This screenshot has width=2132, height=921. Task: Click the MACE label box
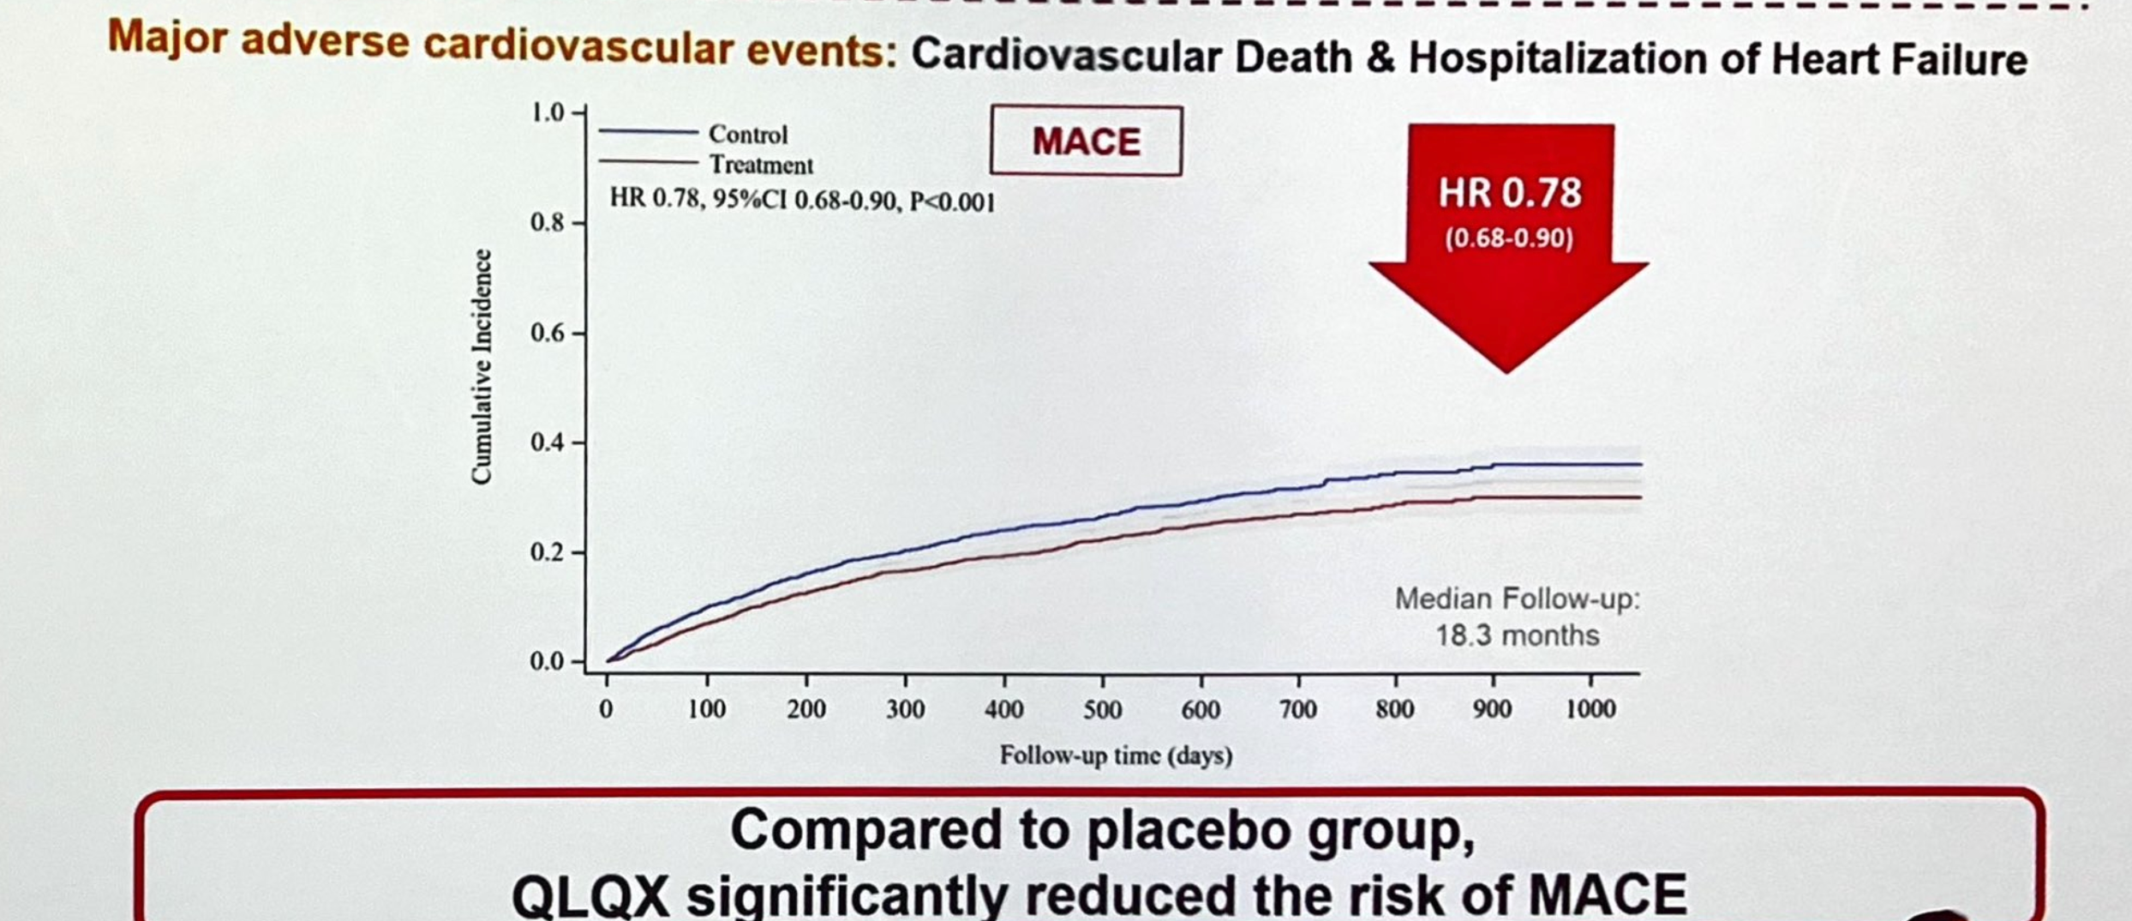click(x=1086, y=141)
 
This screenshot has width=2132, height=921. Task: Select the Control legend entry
click(x=747, y=135)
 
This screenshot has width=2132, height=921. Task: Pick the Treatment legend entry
click(x=760, y=165)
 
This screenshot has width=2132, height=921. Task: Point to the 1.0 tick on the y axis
click(x=548, y=112)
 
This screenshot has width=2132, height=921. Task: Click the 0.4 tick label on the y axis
click(x=548, y=442)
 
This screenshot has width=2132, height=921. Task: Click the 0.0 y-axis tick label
click(x=548, y=661)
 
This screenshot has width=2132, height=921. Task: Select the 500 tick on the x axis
click(x=1102, y=709)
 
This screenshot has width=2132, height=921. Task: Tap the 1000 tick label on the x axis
click(x=1590, y=709)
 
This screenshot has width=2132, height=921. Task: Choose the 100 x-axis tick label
click(x=707, y=709)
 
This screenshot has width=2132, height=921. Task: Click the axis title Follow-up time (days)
click(x=1116, y=755)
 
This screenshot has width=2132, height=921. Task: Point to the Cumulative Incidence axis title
click(x=482, y=367)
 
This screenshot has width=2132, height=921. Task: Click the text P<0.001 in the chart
click(x=952, y=202)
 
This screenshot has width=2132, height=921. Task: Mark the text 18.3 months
click(x=1517, y=635)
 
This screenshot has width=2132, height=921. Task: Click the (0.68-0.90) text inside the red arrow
click(x=1509, y=238)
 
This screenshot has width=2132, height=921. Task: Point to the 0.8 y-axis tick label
click(x=548, y=223)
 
